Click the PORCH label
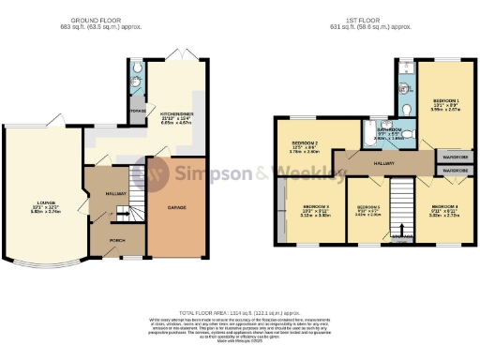tap(118, 240)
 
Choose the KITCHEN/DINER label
tap(175, 113)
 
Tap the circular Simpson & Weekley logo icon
tap(159, 173)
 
